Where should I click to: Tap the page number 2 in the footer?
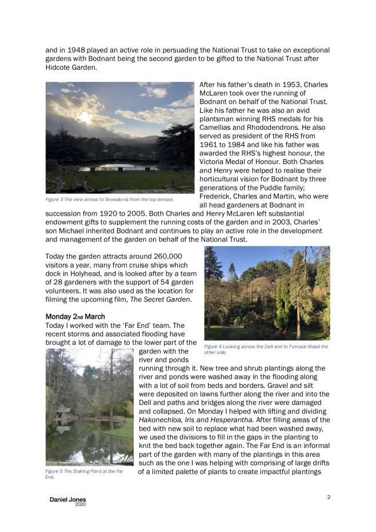pos(329,497)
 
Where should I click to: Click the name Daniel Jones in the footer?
pos(68,500)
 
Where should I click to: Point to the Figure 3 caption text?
pos(110,199)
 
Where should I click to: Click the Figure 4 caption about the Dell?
pos(266,349)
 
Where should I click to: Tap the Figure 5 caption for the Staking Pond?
pos(85,474)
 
